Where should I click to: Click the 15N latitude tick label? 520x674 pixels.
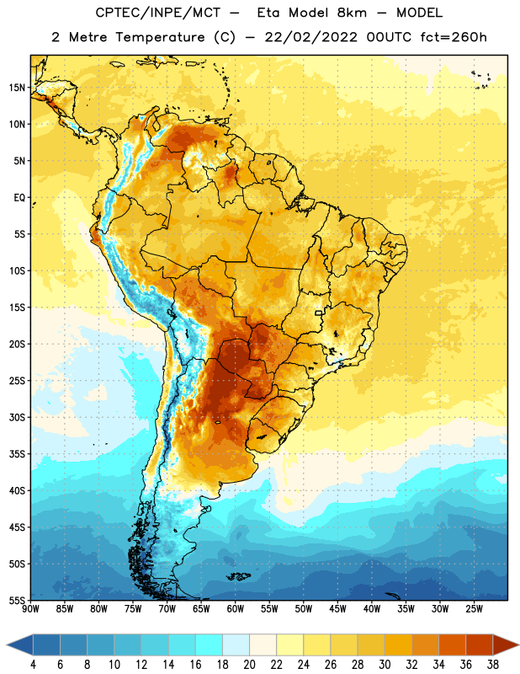(17, 88)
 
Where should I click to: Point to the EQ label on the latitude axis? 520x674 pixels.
(20, 198)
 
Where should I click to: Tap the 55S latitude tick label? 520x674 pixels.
(17, 601)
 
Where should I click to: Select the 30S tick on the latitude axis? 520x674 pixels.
(17, 417)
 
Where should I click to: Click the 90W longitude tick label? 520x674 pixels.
(30, 609)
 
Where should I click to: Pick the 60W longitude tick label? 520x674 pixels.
(236, 609)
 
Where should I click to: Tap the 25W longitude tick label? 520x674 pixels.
(474, 609)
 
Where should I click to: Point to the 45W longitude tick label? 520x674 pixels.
(337, 609)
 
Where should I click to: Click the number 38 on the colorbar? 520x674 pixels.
(493, 665)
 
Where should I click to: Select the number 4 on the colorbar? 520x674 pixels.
(33, 665)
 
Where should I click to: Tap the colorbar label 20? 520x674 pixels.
(249, 665)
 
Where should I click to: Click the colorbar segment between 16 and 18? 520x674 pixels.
(210, 645)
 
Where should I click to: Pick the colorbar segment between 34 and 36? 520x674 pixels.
(453, 645)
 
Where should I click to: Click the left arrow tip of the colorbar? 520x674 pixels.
(7, 645)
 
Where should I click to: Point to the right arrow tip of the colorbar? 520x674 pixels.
(518, 645)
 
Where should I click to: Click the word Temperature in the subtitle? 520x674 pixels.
(160, 37)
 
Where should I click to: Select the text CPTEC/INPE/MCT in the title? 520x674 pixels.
(157, 13)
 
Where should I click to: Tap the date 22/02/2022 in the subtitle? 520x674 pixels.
(310, 37)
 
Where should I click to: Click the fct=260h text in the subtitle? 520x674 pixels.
(454, 37)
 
